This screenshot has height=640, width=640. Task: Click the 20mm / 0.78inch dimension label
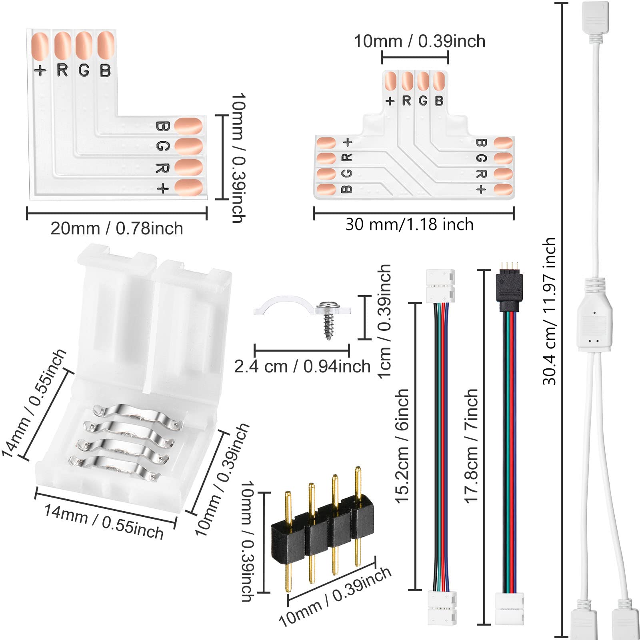tap(116, 229)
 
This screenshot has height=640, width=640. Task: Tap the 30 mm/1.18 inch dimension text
tap(409, 224)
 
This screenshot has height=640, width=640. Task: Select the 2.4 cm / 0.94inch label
tap(302, 366)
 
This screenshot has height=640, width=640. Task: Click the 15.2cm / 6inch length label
tap(402, 446)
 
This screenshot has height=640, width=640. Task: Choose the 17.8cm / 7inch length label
tap(471, 446)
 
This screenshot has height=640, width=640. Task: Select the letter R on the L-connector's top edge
tap(62, 70)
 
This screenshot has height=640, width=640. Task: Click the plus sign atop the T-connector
tap(390, 101)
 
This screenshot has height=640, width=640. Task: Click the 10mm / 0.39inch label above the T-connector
tap(420, 41)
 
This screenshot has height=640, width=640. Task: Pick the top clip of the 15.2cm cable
tap(440, 285)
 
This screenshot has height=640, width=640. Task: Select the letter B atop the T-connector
tap(439, 101)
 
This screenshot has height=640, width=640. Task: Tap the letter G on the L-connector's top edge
tap(84, 70)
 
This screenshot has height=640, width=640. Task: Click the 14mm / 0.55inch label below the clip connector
tap(104, 522)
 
